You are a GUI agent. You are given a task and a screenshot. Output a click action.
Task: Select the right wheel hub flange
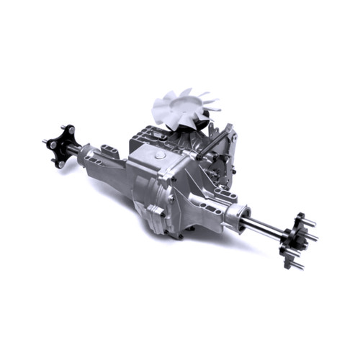click(295, 240)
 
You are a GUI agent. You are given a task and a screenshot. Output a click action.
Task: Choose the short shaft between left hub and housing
click(75, 149)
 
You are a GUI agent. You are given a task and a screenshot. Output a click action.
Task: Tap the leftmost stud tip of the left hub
click(45, 140)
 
